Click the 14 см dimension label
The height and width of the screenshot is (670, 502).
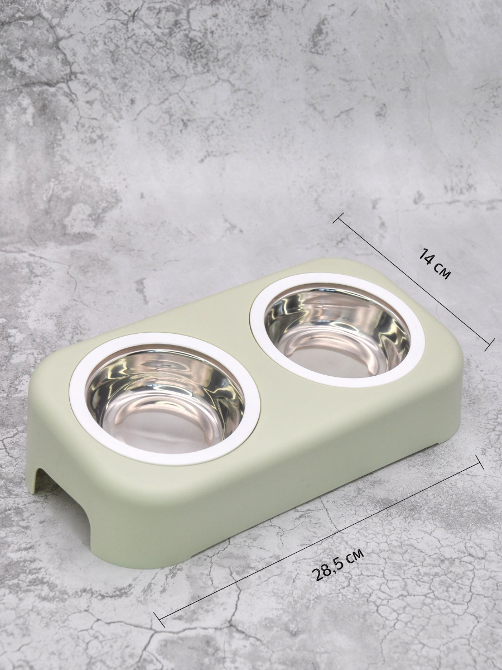click(434, 263)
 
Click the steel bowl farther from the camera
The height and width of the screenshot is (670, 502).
click(337, 332)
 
